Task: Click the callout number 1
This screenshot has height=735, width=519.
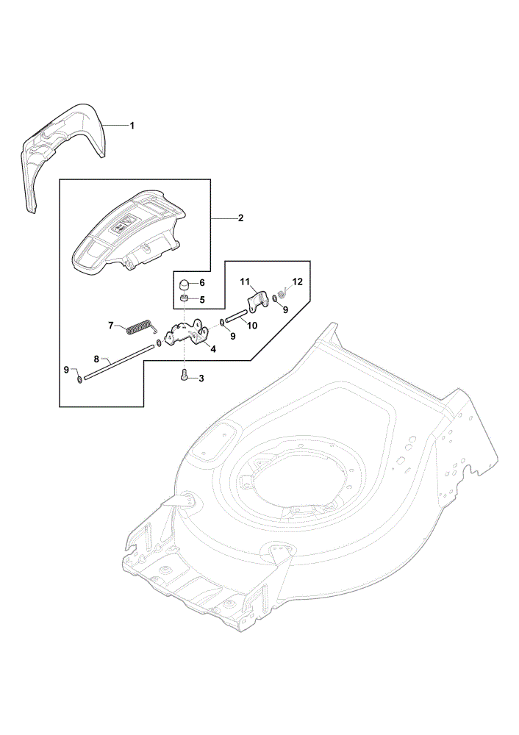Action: pos(132,126)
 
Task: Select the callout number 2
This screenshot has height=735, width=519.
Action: pos(240,218)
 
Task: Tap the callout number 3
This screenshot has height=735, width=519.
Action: pos(201,379)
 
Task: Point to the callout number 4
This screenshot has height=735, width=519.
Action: pos(213,349)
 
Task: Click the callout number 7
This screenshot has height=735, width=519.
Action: pos(111,325)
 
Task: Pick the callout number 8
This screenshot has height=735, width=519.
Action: pos(96,359)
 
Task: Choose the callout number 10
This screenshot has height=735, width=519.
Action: pos(252,326)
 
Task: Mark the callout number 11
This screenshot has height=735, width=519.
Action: pos(245,282)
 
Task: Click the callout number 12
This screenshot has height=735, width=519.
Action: pos(297,282)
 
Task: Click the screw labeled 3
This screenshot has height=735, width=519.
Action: pos(185,376)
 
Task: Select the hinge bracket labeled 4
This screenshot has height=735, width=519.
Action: pos(187,333)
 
